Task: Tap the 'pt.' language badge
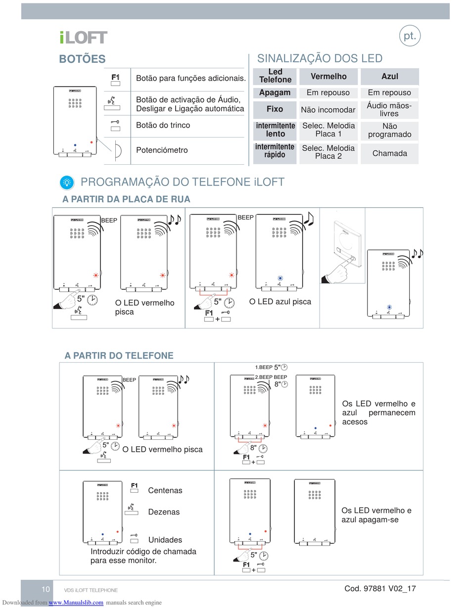coord(410,36)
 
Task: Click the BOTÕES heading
coord(82,59)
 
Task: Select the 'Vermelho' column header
coord(329,76)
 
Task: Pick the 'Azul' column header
coord(390,76)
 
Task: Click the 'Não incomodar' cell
coord(329,109)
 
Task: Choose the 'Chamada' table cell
coord(390,153)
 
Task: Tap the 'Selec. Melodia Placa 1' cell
coord(329,130)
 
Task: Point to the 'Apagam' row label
coord(276,93)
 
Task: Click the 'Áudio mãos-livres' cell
coord(390,109)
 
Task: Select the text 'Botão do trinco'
coord(163,125)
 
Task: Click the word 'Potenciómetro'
coord(162,150)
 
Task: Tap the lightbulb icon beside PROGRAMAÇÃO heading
coord(67,182)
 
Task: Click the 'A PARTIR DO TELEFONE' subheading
coord(119,356)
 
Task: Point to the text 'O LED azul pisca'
coord(280,301)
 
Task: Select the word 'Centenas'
coord(165,491)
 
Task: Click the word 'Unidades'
coord(165,540)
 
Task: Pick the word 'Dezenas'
coord(164,512)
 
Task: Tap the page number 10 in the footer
coord(46,589)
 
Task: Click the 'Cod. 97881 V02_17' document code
coord(380,588)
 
